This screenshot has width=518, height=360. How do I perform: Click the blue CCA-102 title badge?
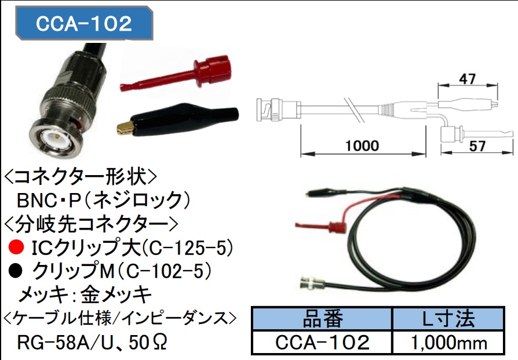click(85, 24)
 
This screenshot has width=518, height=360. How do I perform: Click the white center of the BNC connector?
click(56, 139)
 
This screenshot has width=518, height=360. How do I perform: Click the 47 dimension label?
click(469, 78)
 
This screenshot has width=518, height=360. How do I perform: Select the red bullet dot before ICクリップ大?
click(17, 249)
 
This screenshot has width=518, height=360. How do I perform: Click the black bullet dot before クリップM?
click(17, 271)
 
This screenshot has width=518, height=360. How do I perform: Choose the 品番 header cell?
click(322, 318)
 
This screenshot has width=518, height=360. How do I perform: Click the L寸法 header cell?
click(450, 318)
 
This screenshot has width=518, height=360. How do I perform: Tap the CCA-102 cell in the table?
click(322, 342)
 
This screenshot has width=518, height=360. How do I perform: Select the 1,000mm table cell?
click(450, 342)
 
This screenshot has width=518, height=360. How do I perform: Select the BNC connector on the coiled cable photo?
click(312, 284)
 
